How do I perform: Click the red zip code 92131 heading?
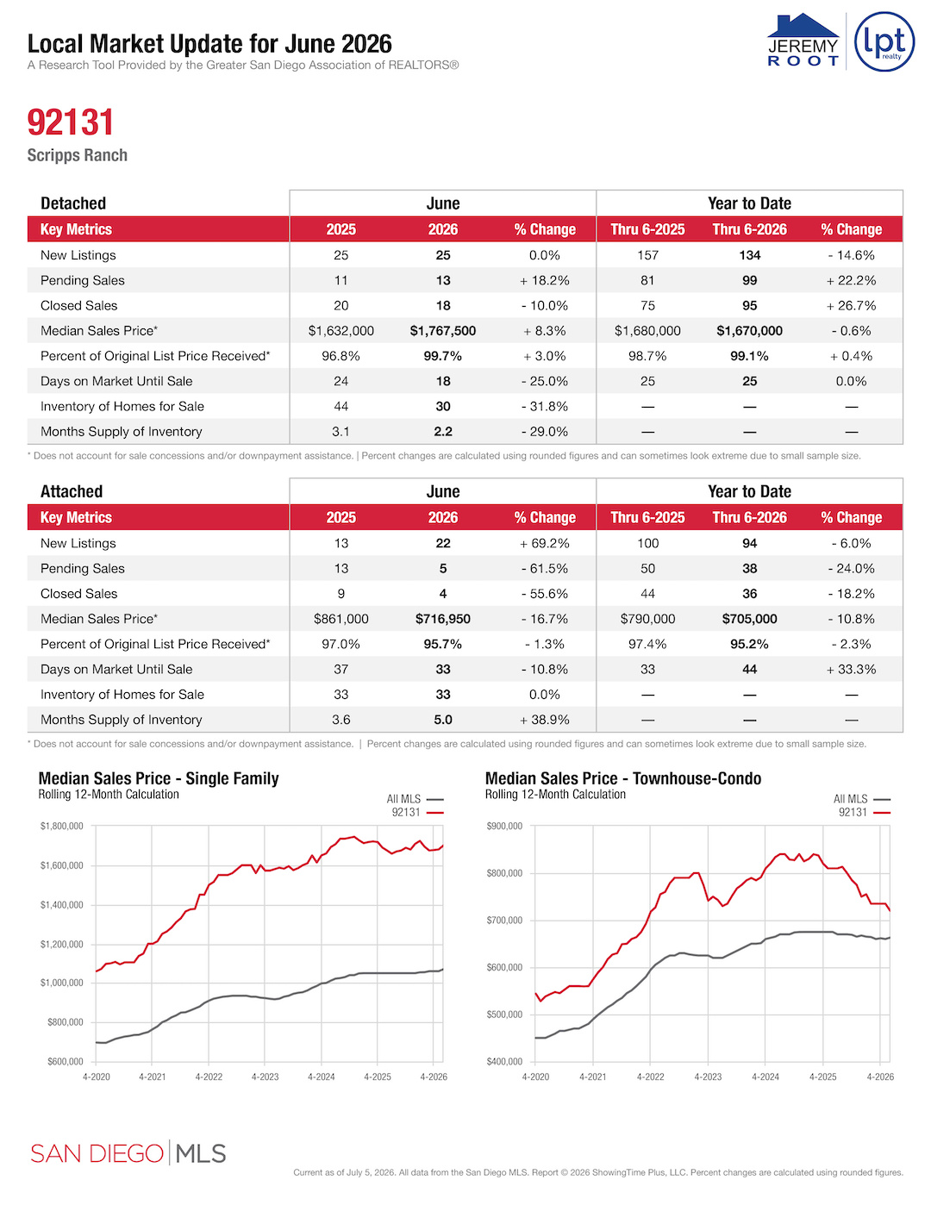pyautogui.click(x=71, y=122)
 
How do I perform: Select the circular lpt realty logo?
pyautogui.click(x=884, y=41)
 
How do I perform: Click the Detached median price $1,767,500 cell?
pyautogui.click(x=442, y=331)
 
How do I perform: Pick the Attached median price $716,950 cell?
pyautogui.click(x=442, y=619)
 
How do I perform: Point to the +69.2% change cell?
pyautogui.click(x=545, y=543)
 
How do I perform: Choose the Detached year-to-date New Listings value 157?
pyautogui.click(x=647, y=255)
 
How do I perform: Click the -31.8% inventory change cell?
pyautogui.click(x=545, y=407)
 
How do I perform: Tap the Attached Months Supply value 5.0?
pyautogui.click(x=442, y=720)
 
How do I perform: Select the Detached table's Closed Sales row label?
pyautogui.click(x=78, y=305)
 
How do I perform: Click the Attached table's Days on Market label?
pyautogui.click(x=116, y=670)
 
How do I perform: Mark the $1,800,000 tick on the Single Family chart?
pyautogui.click(x=61, y=827)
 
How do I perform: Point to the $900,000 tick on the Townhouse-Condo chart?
pyautogui.click(x=504, y=827)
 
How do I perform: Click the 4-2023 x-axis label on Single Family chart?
pyautogui.click(x=265, y=1077)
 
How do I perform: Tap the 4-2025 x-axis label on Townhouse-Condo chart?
pyautogui.click(x=823, y=1077)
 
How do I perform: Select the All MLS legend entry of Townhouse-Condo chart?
pyautogui.click(x=862, y=799)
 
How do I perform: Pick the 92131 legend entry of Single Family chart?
pyautogui.click(x=417, y=813)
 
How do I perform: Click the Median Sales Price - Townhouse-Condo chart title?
pyautogui.click(x=622, y=778)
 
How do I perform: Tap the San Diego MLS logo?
pyautogui.click(x=128, y=1153)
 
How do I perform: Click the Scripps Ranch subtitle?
pyautogui.click(x=77, y=155)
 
